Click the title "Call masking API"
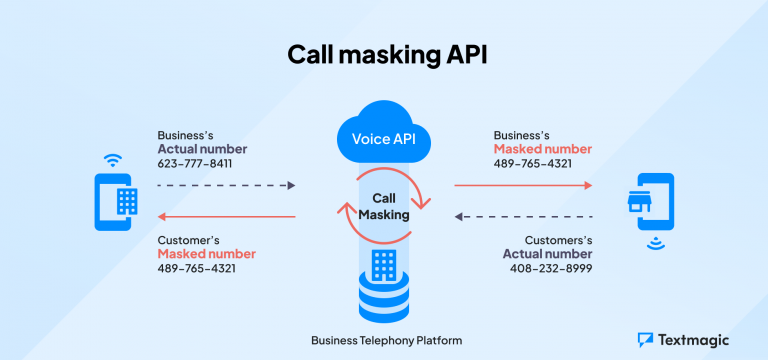pos(383,54)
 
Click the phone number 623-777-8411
pos(194,163)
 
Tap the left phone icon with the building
pos(116,202)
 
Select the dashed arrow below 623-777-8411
pos(226,186)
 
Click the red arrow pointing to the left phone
pos(226,217)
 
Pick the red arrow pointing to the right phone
pos(523,185)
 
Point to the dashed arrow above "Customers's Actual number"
pos(523,216)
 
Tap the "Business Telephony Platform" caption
pos(383,340)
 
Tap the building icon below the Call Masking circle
pos(383,266)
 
